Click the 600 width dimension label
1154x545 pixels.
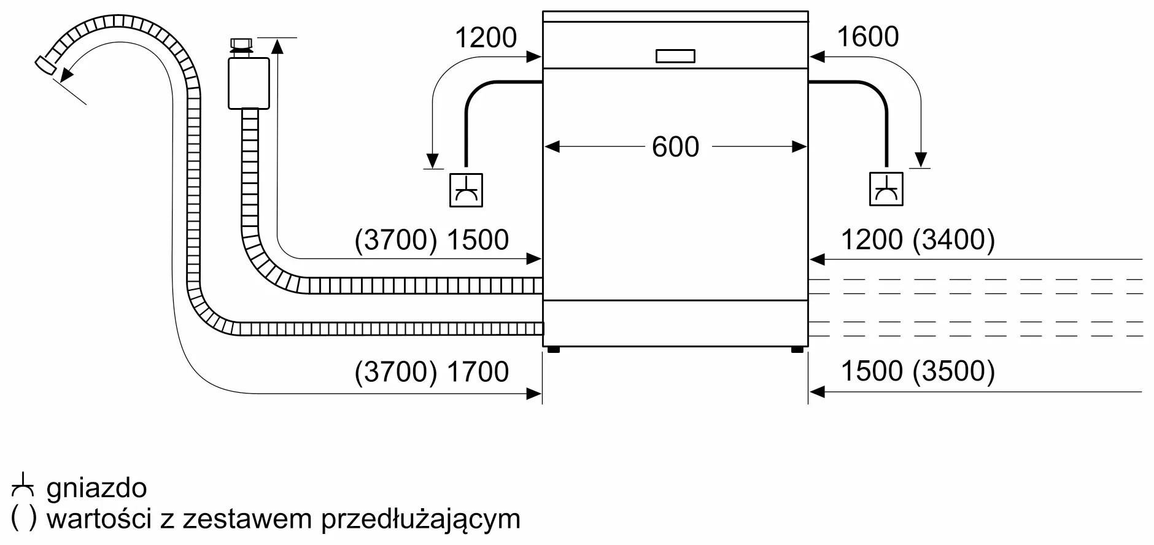click(675, 147)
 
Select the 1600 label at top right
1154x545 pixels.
click(867, 37)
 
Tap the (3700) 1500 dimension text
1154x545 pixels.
click(432, 240)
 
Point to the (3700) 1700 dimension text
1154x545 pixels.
click(432, 372)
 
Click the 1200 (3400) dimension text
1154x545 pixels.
click(917, 240)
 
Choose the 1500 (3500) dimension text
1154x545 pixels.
click(917, 371)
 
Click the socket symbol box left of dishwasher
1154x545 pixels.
click(466, 190)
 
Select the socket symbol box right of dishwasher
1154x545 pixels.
click(886, 189)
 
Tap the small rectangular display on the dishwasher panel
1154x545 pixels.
click(675, 56)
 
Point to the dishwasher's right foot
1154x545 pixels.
click(797, 350)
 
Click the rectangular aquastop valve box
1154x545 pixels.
click(249, 83)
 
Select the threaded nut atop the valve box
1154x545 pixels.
click(241, 44)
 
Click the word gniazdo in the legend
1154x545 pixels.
click(97, 489)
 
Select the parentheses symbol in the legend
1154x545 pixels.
click(24, 519)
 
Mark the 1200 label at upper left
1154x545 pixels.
click(486, 38)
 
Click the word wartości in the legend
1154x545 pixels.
click(99, 519)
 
